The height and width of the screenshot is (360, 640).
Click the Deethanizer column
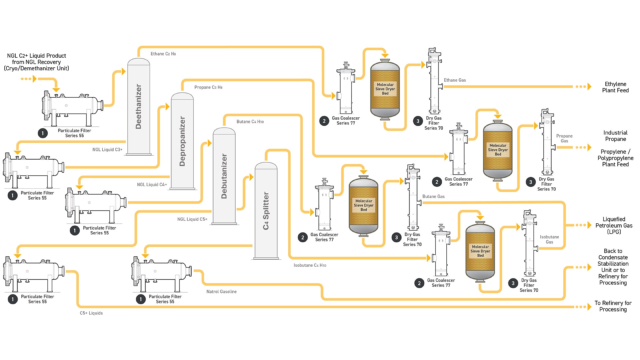(139, 107)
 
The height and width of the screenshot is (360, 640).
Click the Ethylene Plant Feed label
(615, 87)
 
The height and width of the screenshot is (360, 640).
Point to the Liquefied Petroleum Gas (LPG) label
(614, 225)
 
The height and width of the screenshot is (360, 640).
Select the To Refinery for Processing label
(613, 306)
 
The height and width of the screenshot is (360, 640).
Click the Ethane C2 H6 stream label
(163, 54)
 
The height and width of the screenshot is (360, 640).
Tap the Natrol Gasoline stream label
(221, 292)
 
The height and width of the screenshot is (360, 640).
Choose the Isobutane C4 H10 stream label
(310, 265)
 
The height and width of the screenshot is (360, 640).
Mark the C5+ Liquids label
(91, 313)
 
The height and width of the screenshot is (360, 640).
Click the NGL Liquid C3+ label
(107, 150)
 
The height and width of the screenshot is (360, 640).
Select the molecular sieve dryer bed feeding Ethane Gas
(385, 89)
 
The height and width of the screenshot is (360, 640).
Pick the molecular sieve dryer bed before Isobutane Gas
(480, 251)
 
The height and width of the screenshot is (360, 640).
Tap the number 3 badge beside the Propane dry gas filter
(531, 182)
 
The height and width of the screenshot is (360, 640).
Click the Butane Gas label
(433, 196)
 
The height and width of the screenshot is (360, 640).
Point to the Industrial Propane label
(615, 136)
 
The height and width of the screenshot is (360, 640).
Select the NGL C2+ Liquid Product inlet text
(36, 62)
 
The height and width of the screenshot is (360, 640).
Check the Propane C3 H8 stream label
(208, 87)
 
